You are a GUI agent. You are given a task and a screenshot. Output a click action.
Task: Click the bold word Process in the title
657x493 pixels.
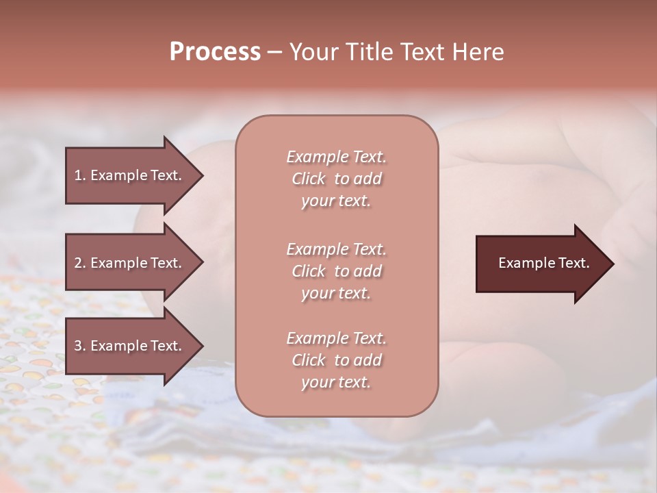click(215, 52)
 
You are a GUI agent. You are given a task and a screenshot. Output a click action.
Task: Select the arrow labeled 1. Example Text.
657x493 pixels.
click(130, 175)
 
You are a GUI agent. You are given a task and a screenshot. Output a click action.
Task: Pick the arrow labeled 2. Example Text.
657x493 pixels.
click(130, 263)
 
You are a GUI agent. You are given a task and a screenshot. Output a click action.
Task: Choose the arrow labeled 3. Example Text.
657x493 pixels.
click(130, 346)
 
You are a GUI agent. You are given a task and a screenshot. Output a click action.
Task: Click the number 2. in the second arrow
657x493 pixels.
click(80, 263)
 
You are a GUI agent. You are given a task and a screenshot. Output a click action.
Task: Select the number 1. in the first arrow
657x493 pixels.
click(80, 175)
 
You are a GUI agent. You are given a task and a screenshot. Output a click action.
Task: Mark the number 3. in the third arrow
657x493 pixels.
click(80, 346)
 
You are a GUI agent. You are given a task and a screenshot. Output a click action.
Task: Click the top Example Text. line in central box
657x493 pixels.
click(336, 157)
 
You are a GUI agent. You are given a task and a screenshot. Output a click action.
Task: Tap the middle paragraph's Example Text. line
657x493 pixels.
click(336, 249)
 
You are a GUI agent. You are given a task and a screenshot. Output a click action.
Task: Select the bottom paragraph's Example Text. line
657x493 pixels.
click(336, 338)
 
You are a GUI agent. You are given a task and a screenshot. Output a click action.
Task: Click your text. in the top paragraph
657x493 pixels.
click(336, 201)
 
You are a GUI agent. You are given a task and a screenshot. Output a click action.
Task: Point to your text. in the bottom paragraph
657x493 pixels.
click(336, 383)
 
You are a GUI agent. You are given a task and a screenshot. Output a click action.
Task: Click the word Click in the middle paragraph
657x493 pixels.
click(308, 272)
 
